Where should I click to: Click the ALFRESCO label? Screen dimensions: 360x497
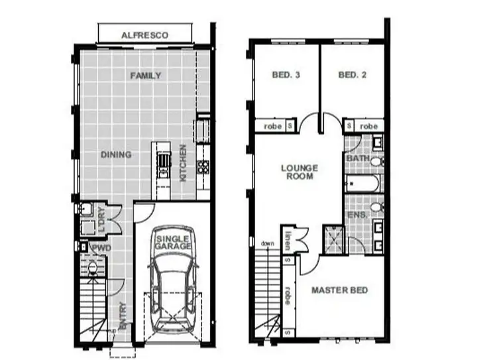click(x=145, y=34)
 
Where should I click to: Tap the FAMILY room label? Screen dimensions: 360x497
click(x=145, y=76)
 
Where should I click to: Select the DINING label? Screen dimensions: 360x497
click(x=116, y=155)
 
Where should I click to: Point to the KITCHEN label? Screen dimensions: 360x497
click(x=184, y=164)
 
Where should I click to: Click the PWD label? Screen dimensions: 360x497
click(x=99, y=248)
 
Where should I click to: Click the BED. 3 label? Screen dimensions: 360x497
click(x=286, y=76)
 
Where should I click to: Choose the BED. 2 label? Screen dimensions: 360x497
click(x=353, y=76)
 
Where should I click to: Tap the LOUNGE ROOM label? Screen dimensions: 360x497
click(x=300, y=172)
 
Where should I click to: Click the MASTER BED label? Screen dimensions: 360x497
click(x=340, y=290)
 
